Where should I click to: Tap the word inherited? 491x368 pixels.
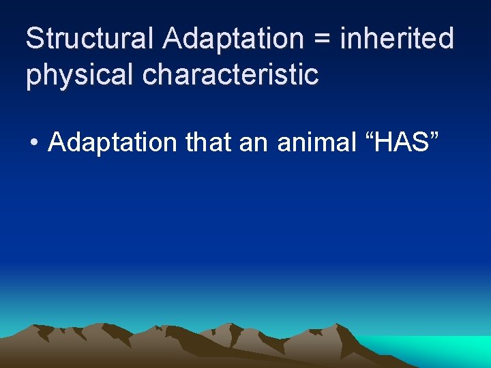click(x=397, y=39)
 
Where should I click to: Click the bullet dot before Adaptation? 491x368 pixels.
click(x=33, y=144)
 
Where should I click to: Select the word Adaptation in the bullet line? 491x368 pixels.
click(x=113, y=143)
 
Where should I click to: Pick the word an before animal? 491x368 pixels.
click(x=257, y=145)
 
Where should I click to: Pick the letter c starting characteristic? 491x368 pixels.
click(x=149, y=76)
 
